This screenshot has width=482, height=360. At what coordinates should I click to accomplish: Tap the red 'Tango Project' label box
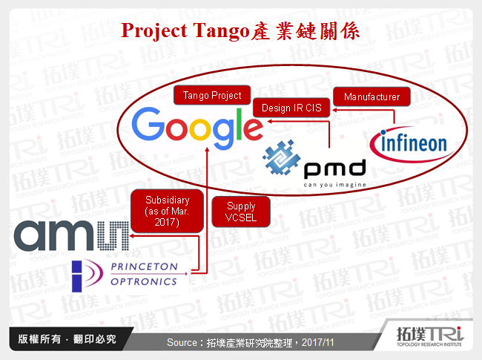pyautogui.click(x=212, y=96)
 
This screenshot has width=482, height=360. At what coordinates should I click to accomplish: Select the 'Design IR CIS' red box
pyautogui.click(x=291, y=108)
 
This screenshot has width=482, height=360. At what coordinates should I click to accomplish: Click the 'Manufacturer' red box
pyautogui.click(x=372, y=96)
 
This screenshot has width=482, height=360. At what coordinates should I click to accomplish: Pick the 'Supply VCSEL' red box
pyautogui.click(x=241, y=212)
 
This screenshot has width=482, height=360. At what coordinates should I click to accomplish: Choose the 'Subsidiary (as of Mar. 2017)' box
pyautogui.click(x=168, y=210)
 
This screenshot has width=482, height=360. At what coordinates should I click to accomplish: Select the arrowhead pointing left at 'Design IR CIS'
pyautogui.click(x=333, y=109)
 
